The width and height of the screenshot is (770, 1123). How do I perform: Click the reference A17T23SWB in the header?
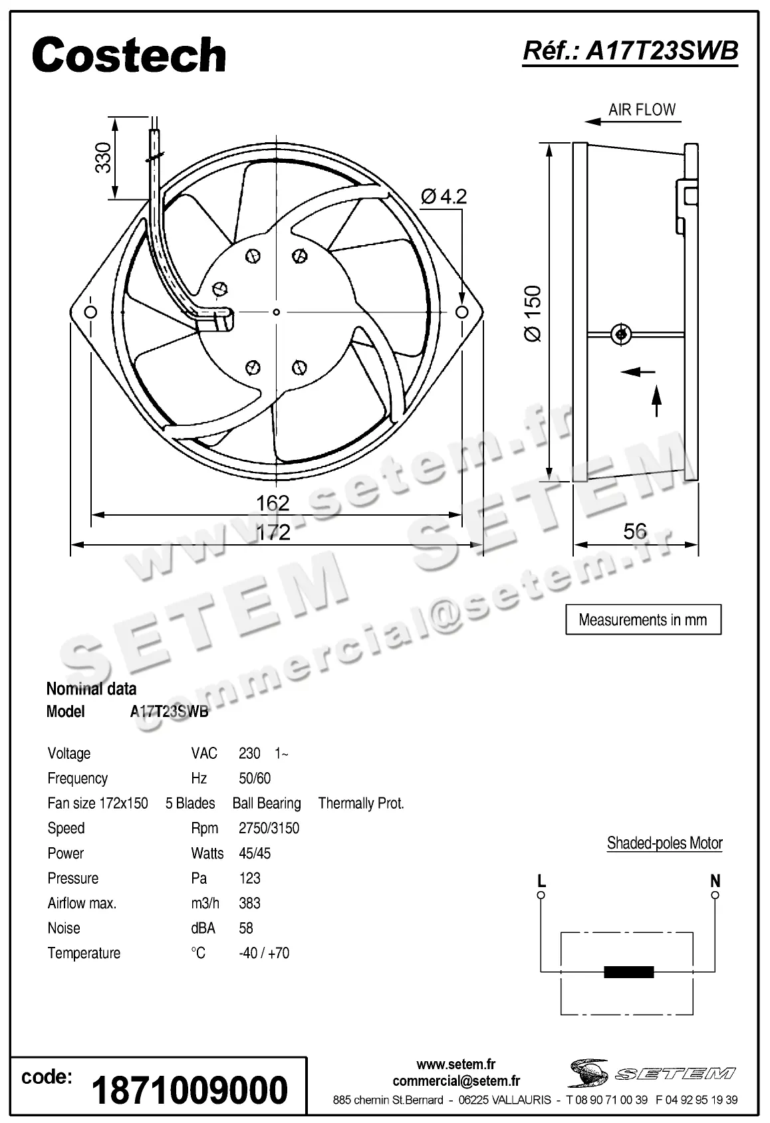630,51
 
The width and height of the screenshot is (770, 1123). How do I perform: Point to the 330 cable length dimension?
104,158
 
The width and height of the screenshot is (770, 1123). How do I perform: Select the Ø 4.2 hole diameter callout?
444,196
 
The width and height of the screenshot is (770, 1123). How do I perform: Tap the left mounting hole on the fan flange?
90,312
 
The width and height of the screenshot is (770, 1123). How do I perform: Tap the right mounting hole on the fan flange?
461,312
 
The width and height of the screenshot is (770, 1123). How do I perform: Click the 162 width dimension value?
273,502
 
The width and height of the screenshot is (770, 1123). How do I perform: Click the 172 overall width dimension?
273,532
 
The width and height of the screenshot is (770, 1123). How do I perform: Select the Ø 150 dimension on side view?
533,314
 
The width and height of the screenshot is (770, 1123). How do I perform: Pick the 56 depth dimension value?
635,531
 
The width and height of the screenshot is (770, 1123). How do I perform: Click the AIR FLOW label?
642,110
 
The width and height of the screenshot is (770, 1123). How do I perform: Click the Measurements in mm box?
643,620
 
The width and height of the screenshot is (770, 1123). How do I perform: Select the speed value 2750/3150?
269,828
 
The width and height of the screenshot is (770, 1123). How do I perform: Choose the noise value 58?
246,928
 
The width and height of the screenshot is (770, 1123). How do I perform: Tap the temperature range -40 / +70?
264,953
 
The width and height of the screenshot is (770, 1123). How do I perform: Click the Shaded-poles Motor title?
664,843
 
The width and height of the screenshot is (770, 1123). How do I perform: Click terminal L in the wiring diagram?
541,895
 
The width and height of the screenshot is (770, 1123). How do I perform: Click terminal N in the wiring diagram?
715,895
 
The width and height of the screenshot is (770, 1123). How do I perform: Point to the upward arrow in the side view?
657,400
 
